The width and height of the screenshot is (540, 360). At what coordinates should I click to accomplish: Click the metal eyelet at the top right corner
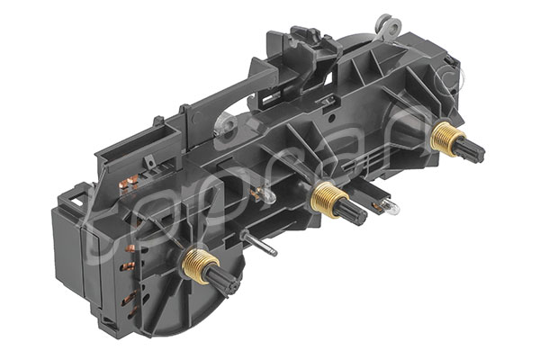tap(388, 22)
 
